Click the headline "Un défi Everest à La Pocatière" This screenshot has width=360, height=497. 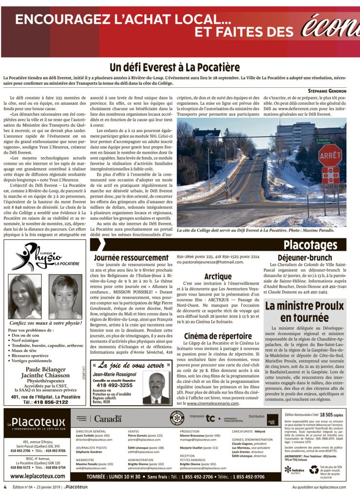(174, 67)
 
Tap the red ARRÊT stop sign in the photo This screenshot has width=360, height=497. (330, 156)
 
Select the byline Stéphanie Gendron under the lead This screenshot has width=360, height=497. (327, 91)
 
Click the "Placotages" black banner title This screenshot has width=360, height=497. (310, 245)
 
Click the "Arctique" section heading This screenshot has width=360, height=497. (218, 277)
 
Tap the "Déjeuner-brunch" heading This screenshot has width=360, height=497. (305, 257)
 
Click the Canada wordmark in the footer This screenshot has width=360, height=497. (108, 418)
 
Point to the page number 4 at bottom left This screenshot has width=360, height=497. (5, 487)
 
